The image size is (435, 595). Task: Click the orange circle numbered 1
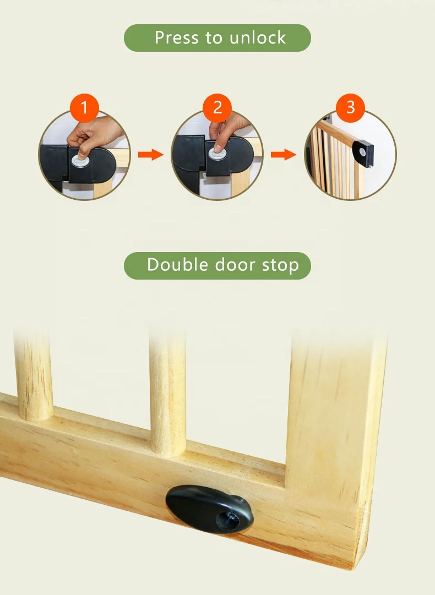tap(84, 108)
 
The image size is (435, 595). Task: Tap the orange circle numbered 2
tap(217, 108)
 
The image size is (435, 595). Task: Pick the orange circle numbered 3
tap(351, 107)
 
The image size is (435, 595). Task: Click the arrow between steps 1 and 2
tap(150, 155)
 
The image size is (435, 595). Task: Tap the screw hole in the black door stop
tap(227, 517)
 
